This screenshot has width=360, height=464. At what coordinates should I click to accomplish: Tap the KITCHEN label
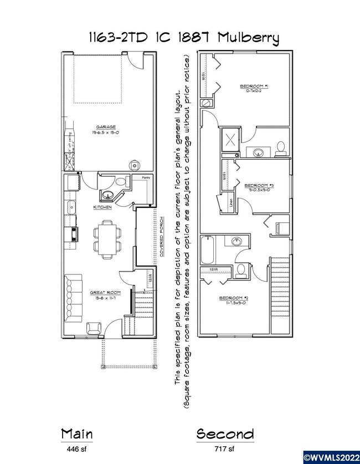pyautogui.click(x=102, y=207)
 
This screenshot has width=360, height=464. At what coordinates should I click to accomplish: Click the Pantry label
pyautogui.click(x=146, y=177)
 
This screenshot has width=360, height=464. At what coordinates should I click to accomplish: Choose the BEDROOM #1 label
pyautogui.click(x=254, y=86)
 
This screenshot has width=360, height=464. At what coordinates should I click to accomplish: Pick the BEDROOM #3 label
pyautogui.click(x=259, y=185)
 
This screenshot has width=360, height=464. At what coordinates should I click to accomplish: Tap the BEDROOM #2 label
pyautogui.click(x=233, y=298)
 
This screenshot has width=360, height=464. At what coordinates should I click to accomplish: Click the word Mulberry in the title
pyautogui.click(x=249, y=38)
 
